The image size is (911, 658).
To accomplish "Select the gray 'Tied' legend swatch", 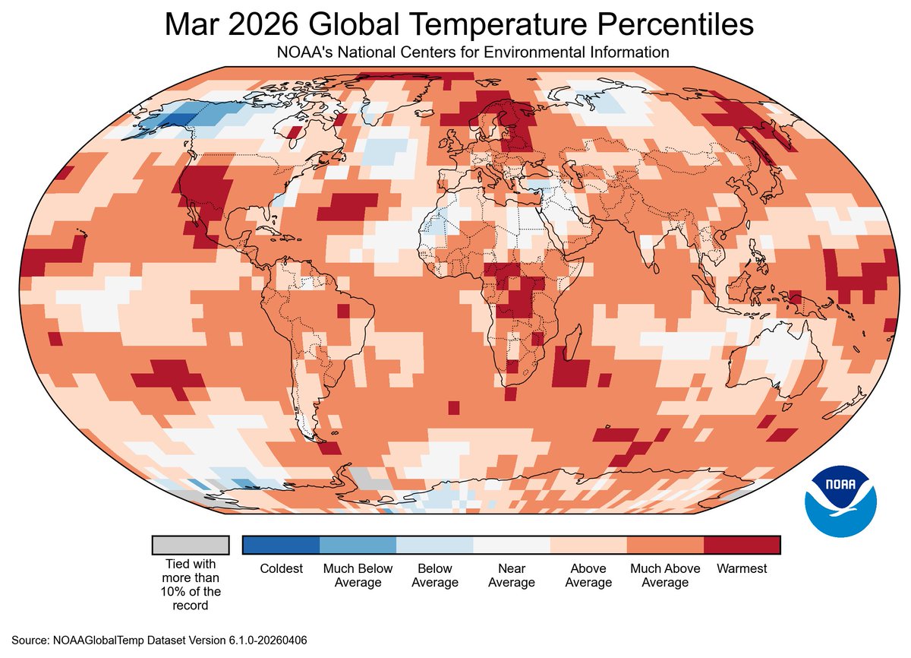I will (190, 545).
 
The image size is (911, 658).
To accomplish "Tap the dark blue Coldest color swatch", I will (281, 545).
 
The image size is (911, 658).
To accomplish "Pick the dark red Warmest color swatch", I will (742, 545).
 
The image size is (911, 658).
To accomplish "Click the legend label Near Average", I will (511, 575).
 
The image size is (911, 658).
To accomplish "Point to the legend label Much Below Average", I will (358, 575).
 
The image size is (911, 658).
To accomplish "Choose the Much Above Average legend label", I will (665, 575).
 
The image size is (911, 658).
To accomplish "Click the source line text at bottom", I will (159, 641).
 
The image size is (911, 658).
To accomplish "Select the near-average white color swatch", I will (511, 545).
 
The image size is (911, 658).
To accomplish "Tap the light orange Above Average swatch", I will (588, 545).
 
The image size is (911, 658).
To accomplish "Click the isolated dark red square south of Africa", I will (453, 408).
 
